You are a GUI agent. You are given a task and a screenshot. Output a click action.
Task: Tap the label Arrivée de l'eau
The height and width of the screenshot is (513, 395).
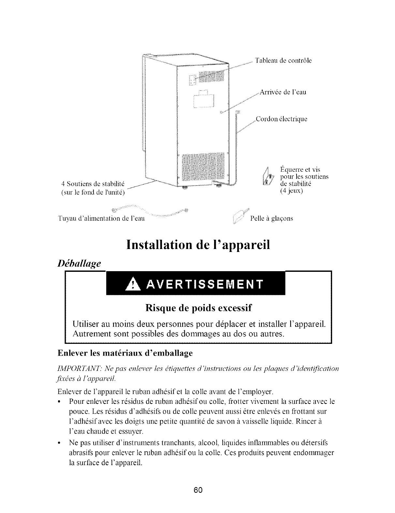click(283, 92)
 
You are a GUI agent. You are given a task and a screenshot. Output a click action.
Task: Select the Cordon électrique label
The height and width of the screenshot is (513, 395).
click(282, 119)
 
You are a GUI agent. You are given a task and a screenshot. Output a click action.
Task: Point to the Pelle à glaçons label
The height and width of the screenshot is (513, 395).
click(271, 218)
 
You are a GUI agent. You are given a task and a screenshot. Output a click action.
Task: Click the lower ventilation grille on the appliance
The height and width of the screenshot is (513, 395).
click(203, 167)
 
